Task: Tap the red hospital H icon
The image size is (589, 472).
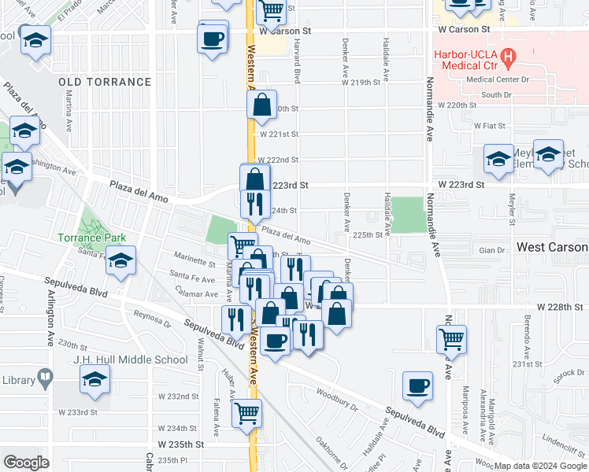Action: [x=509, y=57]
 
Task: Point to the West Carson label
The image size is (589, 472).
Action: [x=551, y=247]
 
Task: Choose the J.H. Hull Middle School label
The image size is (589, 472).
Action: [x=134, y=360]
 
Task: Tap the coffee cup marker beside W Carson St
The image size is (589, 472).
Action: [x=213, y=39]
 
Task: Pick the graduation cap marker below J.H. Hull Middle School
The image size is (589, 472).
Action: [x=95, y=380]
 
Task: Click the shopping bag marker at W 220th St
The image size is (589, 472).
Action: [x=261, y=104]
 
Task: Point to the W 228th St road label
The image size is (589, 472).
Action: [x=560, y=306]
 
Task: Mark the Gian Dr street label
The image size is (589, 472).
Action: [x=491, y=250]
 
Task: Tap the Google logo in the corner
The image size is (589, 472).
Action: [x=26, y=462]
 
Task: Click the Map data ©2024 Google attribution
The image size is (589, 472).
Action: [x=539, y=466]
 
